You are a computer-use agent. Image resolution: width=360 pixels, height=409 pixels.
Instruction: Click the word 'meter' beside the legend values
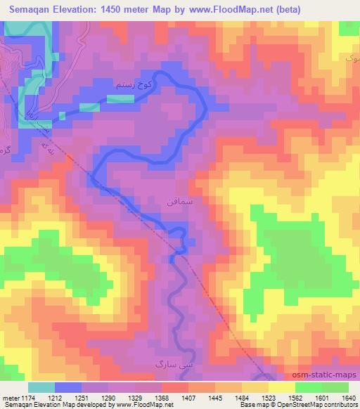click(11, 398)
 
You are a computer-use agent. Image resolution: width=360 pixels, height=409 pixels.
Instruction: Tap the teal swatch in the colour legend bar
click(41, 387)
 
